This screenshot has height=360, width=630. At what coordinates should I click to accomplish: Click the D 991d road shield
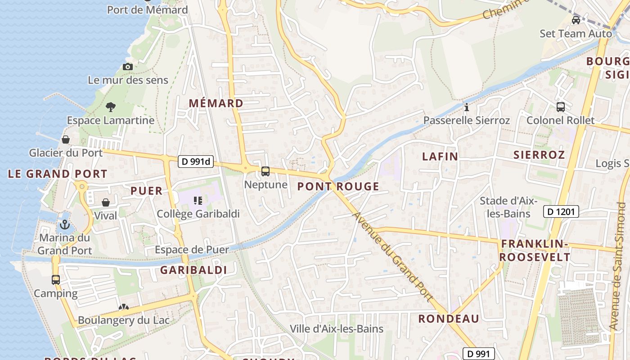[196, 162]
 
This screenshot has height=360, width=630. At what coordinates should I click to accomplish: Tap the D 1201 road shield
[561, 211]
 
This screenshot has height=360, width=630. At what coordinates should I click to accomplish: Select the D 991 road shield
[479, 354]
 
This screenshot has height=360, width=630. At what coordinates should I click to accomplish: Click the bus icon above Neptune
[265, 171]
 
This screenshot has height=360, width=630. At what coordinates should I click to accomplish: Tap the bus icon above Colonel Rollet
[561, 107]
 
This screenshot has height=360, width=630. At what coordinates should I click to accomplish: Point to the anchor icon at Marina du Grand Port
[65, 224]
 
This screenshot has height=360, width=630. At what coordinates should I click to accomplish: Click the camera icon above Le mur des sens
[128, 67]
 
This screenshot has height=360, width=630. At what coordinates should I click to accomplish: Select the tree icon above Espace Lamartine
[110, 107]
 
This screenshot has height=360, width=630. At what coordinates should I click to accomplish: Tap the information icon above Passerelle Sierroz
[467, 107]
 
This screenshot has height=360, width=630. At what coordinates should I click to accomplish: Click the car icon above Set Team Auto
[576, 20]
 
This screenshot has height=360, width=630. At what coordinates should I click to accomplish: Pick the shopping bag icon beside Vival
[106, 202]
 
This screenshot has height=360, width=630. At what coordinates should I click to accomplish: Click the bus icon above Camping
[56, 280]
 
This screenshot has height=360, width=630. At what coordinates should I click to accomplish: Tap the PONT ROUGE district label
[338, 186]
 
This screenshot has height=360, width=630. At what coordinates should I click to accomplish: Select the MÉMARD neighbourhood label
[216, 103]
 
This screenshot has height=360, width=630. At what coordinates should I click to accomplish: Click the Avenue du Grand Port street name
[392, 256]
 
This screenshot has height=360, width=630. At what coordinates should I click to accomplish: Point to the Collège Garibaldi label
[198, 214]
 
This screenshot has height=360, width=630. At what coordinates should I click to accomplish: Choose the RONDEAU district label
[449, 319]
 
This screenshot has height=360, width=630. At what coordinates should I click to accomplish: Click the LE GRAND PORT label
[58, 174]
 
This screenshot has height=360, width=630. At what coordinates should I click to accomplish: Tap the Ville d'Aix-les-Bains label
[337, 329]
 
